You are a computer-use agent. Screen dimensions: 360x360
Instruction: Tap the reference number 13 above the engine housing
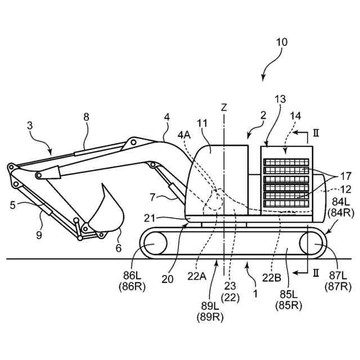pyautogui.click(x=280, y=100)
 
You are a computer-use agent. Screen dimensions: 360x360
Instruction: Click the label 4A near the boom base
pyautogui.click(x=183, y=135)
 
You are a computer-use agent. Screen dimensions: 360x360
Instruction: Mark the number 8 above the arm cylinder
pyautogui.click(x=86, y=117)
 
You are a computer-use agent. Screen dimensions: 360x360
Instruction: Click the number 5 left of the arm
pyautogui.click(x=13, y=206)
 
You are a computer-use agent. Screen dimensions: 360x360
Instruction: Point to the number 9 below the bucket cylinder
pyautogui.click(x=39, y=235)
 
